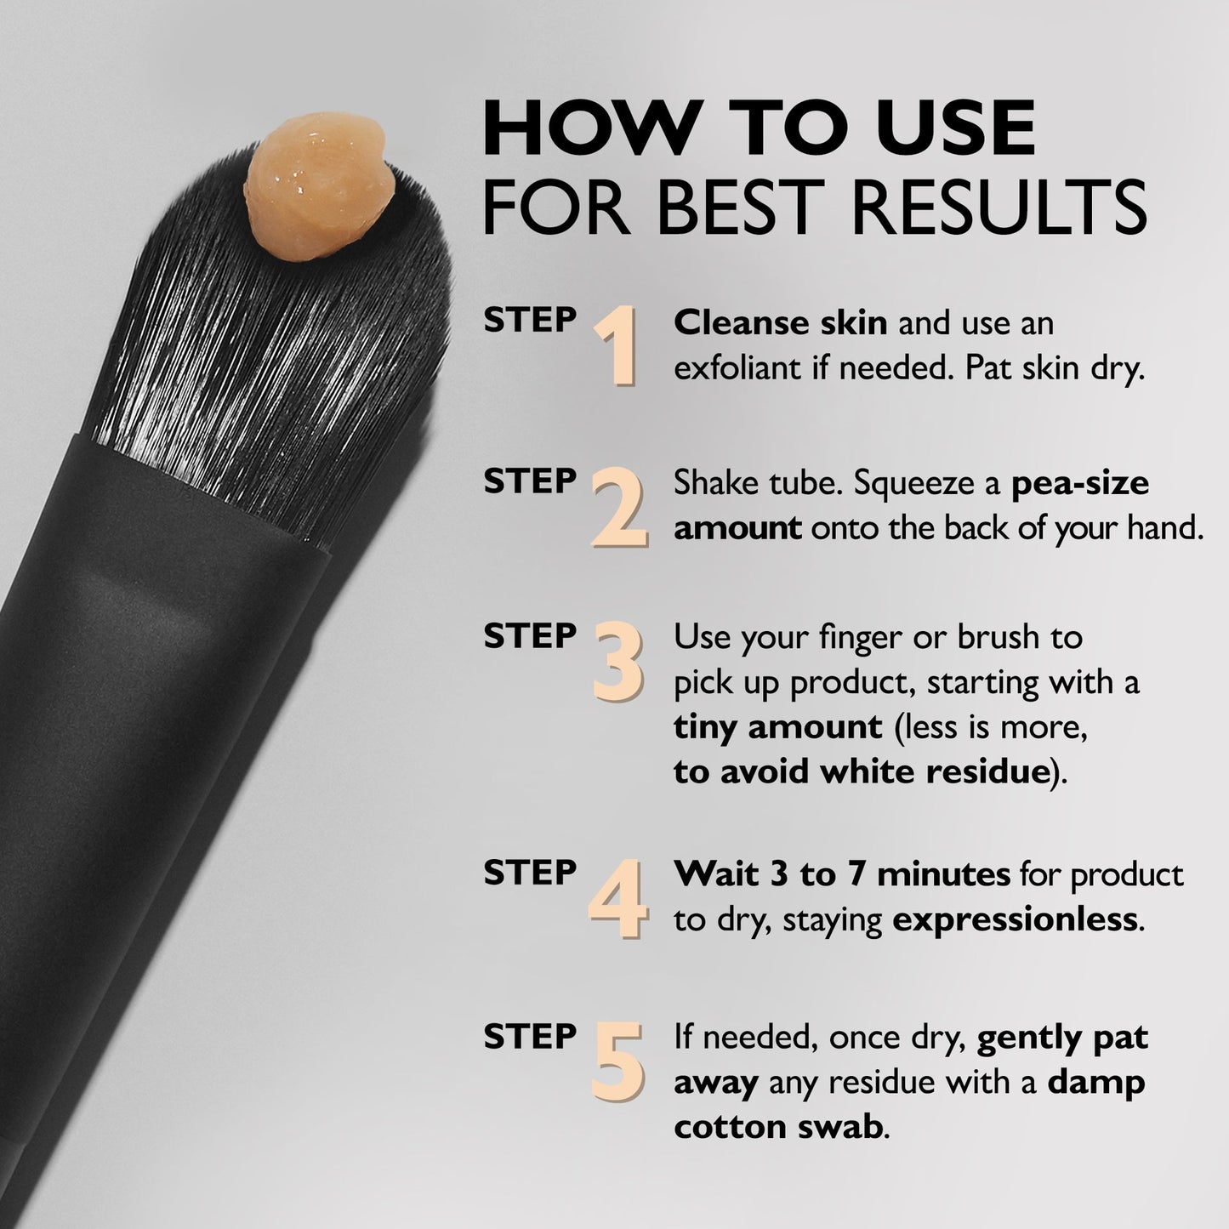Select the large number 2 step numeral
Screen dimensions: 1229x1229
[618, 508]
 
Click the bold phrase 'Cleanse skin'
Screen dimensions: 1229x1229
[780, 323]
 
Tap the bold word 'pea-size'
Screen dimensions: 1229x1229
[1079, 483]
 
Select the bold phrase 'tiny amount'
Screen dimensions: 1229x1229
[777, 727]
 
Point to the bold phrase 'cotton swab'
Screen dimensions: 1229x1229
[777, 1127]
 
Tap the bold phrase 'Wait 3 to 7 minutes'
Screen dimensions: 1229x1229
[841, 874]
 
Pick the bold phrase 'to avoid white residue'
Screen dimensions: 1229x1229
[859, 772]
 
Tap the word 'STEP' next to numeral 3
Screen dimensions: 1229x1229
[530, 636]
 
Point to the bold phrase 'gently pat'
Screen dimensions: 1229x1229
[1062, 1038]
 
